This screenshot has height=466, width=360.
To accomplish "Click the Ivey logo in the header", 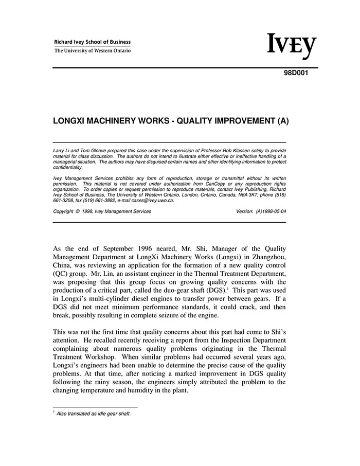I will pyautogui.click(x=292, y=46).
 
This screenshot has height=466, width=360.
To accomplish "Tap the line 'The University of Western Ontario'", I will pyautogui.click(x=93, y=51).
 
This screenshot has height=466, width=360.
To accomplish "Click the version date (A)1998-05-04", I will pyautogui.click(x=271, y=211).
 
